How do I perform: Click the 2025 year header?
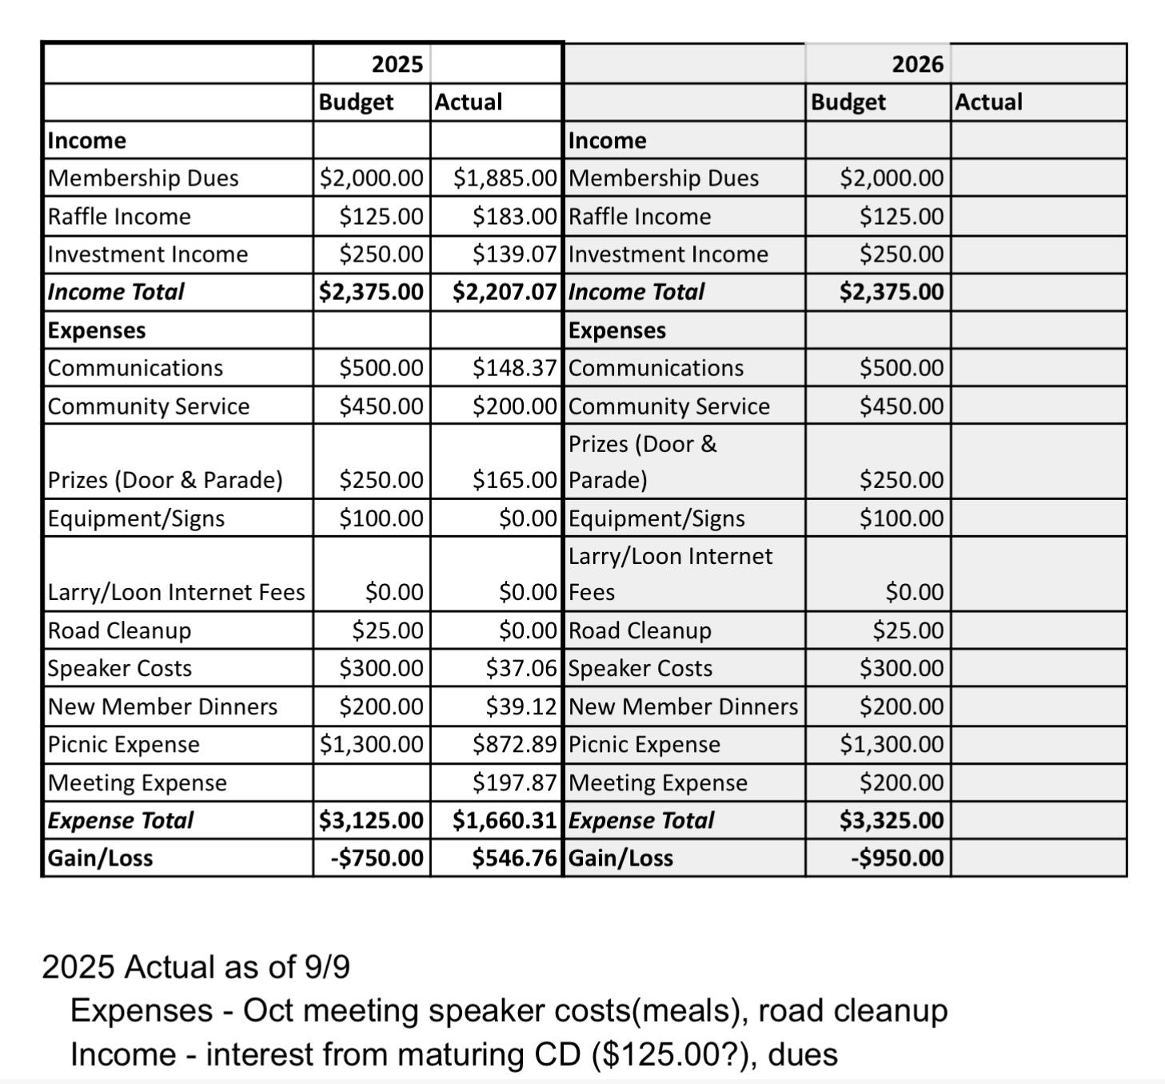click(x=397, y=64)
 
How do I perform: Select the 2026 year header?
click(x=917, y=64)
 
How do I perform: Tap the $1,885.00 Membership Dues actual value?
click(x=505, y=178)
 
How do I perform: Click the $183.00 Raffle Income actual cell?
click(x=514, y=216)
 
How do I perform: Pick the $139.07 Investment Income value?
click(x=514, y=254)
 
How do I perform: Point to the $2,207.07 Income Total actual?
click(x=504, y=292)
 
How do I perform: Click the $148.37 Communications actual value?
click(x=514, y=368)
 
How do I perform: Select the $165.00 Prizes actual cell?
click(x=514, y=480)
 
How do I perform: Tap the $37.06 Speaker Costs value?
click(x=521, y=668)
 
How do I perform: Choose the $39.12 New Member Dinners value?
click(x=521, y=706)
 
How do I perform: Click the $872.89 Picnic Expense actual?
click(x=514, y=745)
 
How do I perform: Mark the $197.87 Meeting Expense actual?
click(x=514, y=782)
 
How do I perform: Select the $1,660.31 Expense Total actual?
click(x=504, y=820)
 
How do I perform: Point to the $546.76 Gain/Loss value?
click(x=513, y=858)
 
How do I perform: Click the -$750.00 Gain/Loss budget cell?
click(x=377, y=858)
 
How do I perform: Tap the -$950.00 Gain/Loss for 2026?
click(x=897, y=858)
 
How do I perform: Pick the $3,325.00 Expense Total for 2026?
click(x=892, y=820)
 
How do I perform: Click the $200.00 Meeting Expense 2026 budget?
click(x=901, y=782)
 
